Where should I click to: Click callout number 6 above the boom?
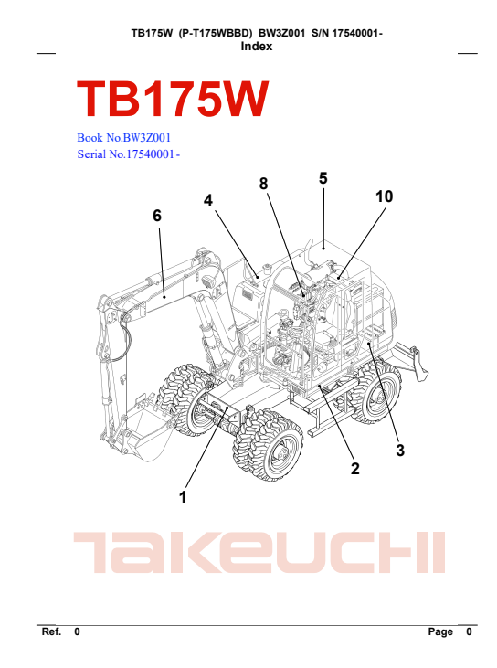click(157, 216)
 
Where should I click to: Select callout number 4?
click(207, 200)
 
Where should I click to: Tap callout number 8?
click(264, 184)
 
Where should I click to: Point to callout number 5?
click(323, 178)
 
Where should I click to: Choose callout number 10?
click(384, 196)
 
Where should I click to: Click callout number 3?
click(400, 451)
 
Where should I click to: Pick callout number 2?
click(355, 469)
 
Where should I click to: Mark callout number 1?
click(183, 497)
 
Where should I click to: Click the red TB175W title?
click(173, 100)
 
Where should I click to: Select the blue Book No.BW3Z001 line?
click(124, 138)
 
